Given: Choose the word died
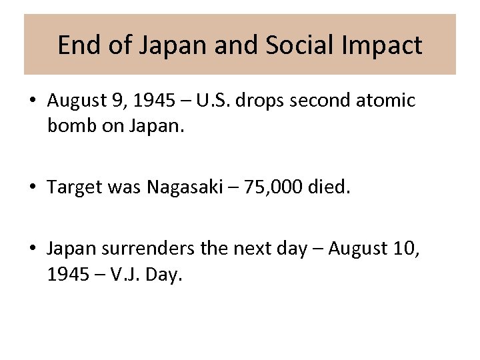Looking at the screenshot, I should coord(329,187).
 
